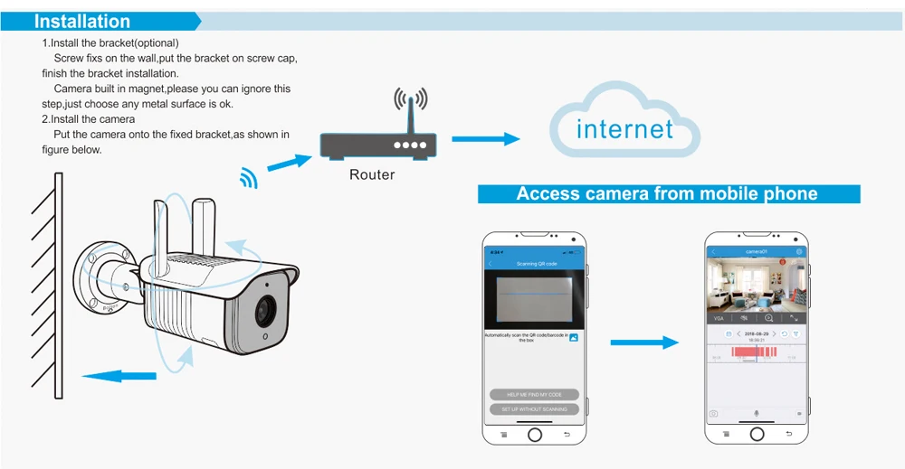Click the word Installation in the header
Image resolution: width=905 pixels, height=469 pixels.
pyautogui.click(x=82, y=22)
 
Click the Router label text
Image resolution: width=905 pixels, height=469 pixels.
pyautogui.click(x=372, y=174)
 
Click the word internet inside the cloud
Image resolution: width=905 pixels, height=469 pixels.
pyautogui.click(x=624, y=129)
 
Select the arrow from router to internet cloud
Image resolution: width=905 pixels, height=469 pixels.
pyautogui.click(x=486, y=139)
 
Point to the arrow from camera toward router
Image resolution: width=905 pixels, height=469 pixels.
pyautogui.click(x=289, y=162)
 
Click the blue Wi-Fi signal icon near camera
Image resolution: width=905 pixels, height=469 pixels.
pyautogui.click(x=247, y=178)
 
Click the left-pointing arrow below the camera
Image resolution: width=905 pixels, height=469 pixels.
pyautogui.click(x=112, y=374)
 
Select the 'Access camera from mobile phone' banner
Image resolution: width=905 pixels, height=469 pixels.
pyautogui.click(x=667, y=193)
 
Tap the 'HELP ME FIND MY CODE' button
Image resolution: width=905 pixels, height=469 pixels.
pyautogui.click(x=534, y=395)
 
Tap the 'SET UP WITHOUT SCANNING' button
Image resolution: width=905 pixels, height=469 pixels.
pyautogui.click(x=534, y=409)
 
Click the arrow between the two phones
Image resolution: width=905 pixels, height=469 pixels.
pyautogui.click(x=643, y=342)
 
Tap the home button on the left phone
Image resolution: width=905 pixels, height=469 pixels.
pyautogui.click(x=535, y=435)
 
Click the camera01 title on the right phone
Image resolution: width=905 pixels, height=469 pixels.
pyautogui.click(x=756, y=251)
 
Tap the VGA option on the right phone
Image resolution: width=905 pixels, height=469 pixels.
pyautogui.click(x=719, y=318)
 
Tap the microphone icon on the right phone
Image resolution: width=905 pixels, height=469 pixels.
pyautogui.click(x=757, y=413)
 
